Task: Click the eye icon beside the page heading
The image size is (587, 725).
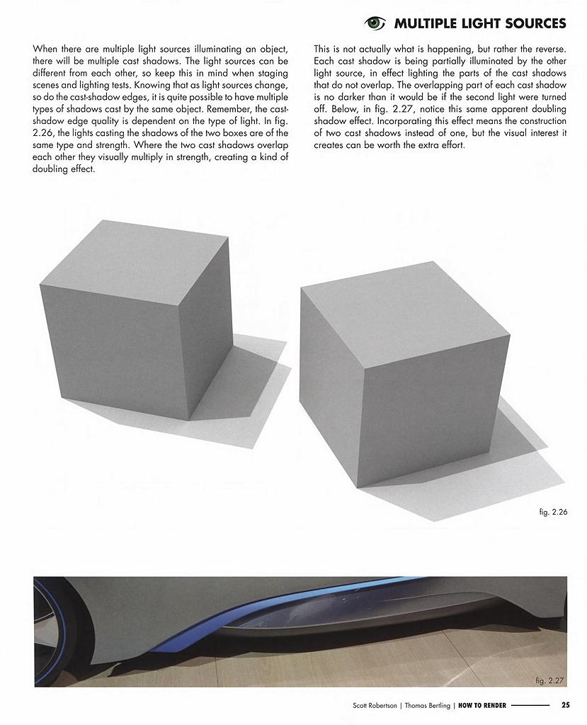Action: (x=375, y=23)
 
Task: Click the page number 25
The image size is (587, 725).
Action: (x=565, y=704)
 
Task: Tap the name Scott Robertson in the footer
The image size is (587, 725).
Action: (x=375, y=705)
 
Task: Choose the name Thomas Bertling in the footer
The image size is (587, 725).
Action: (x=428, y=705)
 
